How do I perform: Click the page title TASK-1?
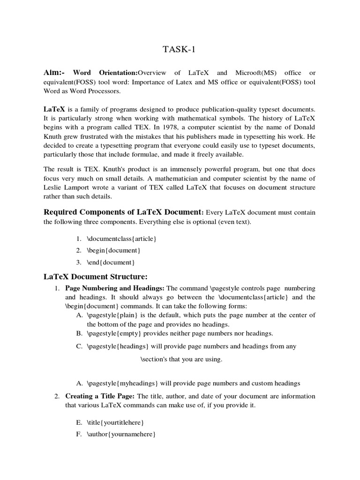coord(180,50)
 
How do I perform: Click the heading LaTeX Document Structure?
coord(96,276)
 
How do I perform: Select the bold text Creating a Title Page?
coord(100,396)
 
